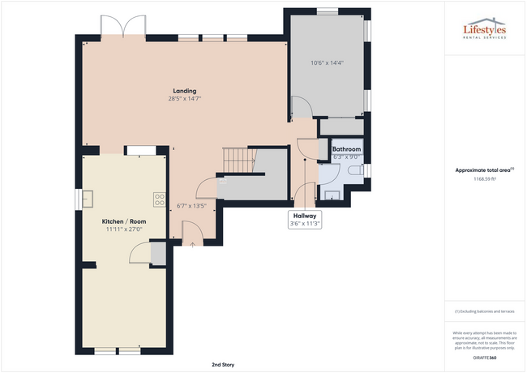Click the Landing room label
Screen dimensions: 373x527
(184, 90)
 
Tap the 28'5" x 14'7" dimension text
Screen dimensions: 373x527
(184, 98)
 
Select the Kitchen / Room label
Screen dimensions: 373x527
(123, 221)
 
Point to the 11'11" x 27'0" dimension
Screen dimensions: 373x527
(123, 229)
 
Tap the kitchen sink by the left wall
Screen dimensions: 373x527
(88, 198)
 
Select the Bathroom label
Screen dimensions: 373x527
(346, 149)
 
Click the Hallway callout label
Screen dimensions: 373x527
(305, 216)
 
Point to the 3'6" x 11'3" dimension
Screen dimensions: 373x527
(305, 224)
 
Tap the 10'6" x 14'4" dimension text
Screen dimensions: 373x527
(327, 62)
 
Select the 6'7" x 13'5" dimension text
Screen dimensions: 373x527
(193, 205)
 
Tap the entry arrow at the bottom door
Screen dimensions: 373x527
(191, 244)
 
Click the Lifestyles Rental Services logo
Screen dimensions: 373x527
(483, 32)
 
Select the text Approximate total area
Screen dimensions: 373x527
(482, 169)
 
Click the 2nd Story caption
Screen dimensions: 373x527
(222, 365)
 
